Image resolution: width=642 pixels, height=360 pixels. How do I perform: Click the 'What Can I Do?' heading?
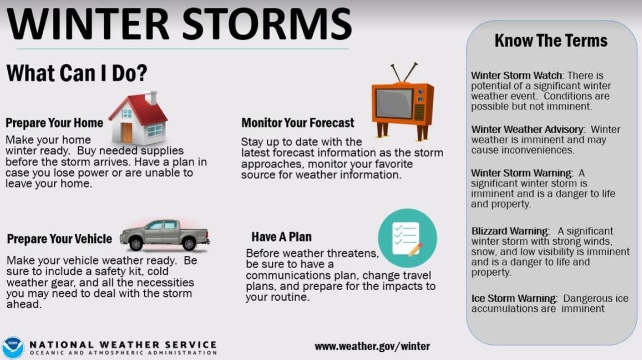point(76,73)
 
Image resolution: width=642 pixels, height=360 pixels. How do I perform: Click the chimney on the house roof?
point(151,98)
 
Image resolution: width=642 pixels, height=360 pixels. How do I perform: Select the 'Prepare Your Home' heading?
point(54,123)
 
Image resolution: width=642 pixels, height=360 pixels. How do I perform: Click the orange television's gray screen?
point(394,104)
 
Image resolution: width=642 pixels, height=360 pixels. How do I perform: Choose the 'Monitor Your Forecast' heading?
point(298,123)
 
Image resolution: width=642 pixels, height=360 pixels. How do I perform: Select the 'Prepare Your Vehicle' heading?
point(59,239)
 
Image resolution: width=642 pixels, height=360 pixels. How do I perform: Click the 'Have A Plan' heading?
point(281,237)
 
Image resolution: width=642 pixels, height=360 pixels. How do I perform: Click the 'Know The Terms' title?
point(551,41)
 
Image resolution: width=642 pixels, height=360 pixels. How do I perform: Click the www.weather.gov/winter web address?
point(372,346)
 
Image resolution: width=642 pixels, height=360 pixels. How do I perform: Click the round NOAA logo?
point(12,348)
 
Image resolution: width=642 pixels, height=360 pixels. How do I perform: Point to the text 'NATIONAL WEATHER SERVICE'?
point(123,344)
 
